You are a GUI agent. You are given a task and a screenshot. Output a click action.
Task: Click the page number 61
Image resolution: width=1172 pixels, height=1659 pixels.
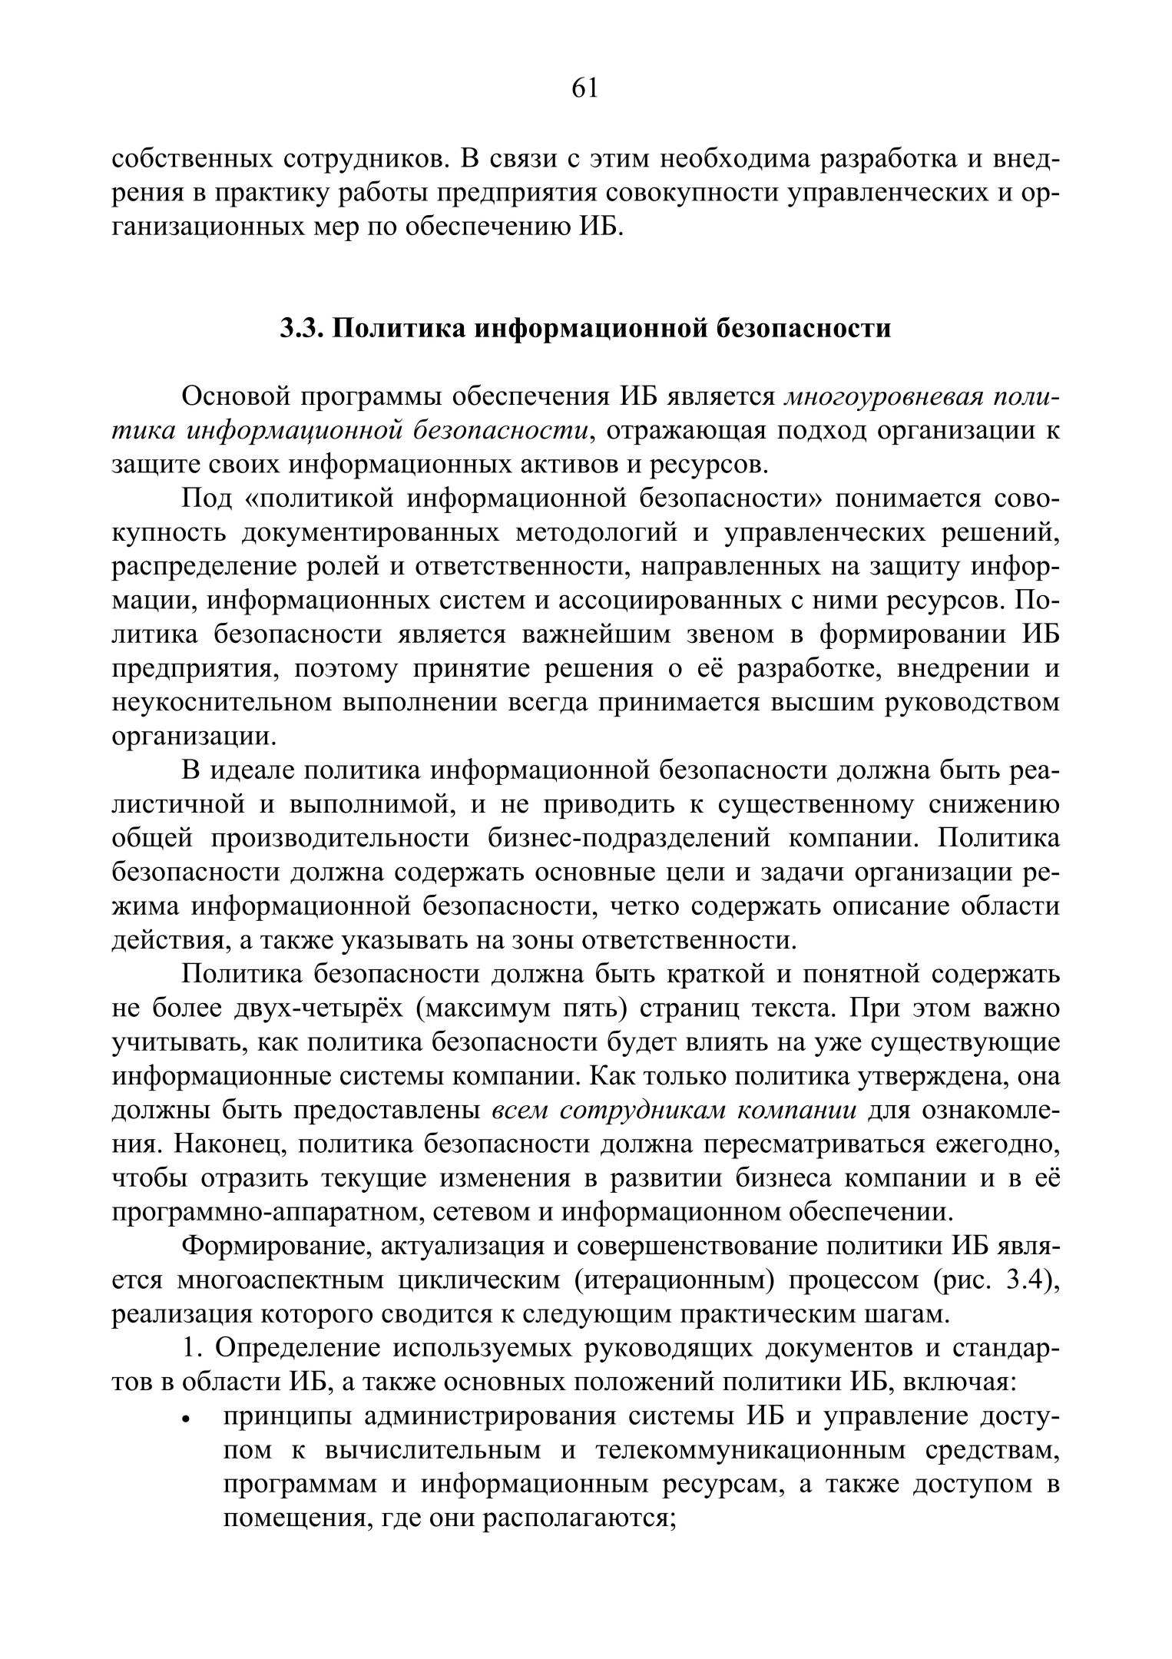[x=584, y=89]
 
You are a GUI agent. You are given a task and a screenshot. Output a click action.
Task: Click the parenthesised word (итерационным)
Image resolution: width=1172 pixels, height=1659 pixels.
[x=674, y=1280]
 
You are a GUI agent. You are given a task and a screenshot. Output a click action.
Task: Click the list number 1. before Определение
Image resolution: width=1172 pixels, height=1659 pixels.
[x=192, y=1347]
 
